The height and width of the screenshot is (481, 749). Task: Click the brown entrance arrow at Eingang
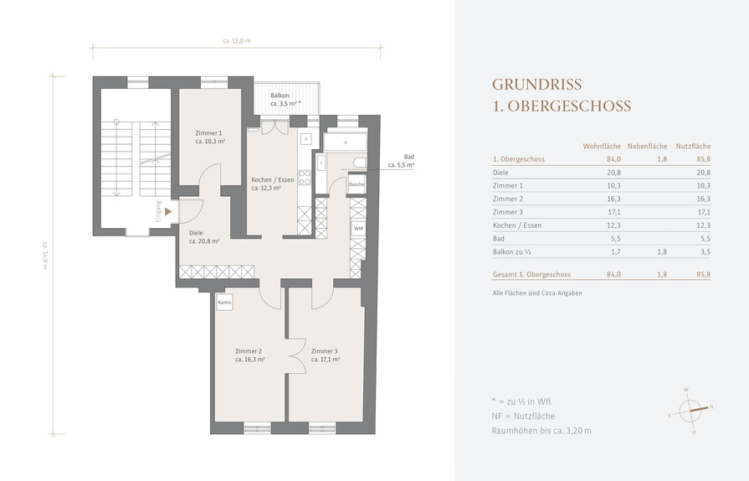pos(167,211)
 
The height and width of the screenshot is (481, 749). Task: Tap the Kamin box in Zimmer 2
pos(224,303)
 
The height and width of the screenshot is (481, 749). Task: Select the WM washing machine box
pos(358,229)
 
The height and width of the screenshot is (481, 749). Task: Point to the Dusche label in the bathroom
pos(357,184)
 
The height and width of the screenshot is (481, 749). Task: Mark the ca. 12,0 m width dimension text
pos(237,41)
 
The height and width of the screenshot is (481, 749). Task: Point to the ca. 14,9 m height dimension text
pos(45,255)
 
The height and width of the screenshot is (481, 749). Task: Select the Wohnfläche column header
pos(602,147)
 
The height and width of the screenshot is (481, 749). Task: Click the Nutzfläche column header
pos(693,147)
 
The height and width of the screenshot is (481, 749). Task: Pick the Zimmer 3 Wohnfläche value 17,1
pos(615,212)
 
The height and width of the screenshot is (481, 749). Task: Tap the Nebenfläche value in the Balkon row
pos(662,251)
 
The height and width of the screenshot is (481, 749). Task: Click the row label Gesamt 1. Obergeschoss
pos(531,275)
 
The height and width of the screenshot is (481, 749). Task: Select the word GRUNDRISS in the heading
pos(537,84)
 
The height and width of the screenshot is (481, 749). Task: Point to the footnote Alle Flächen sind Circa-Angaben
pos(537,293)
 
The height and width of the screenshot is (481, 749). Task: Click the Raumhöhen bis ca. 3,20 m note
pos(541,431)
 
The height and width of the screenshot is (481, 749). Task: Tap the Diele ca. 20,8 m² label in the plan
pos(204,237)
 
